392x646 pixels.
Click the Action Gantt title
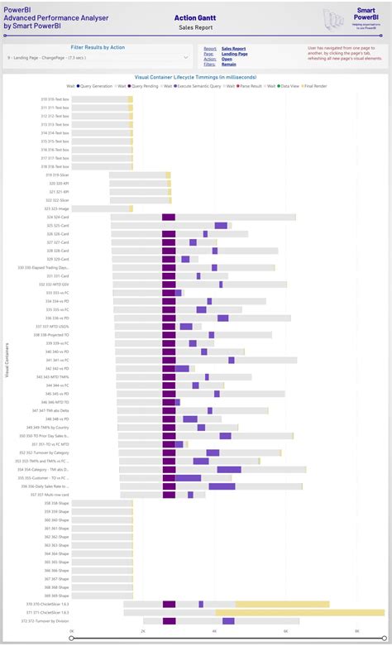(x=196, y=17)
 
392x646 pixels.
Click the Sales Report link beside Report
(x=233, y=49)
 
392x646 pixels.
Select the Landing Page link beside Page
(x=234, y=54)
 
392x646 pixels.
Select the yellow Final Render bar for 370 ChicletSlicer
(x=282, y=604)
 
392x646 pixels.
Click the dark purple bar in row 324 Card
(x=169, y=217)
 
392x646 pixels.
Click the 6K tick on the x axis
(x=286, y=631)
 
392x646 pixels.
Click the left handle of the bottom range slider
(x=72, y=638)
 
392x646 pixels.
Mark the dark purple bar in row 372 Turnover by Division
(x=169, y=620)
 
